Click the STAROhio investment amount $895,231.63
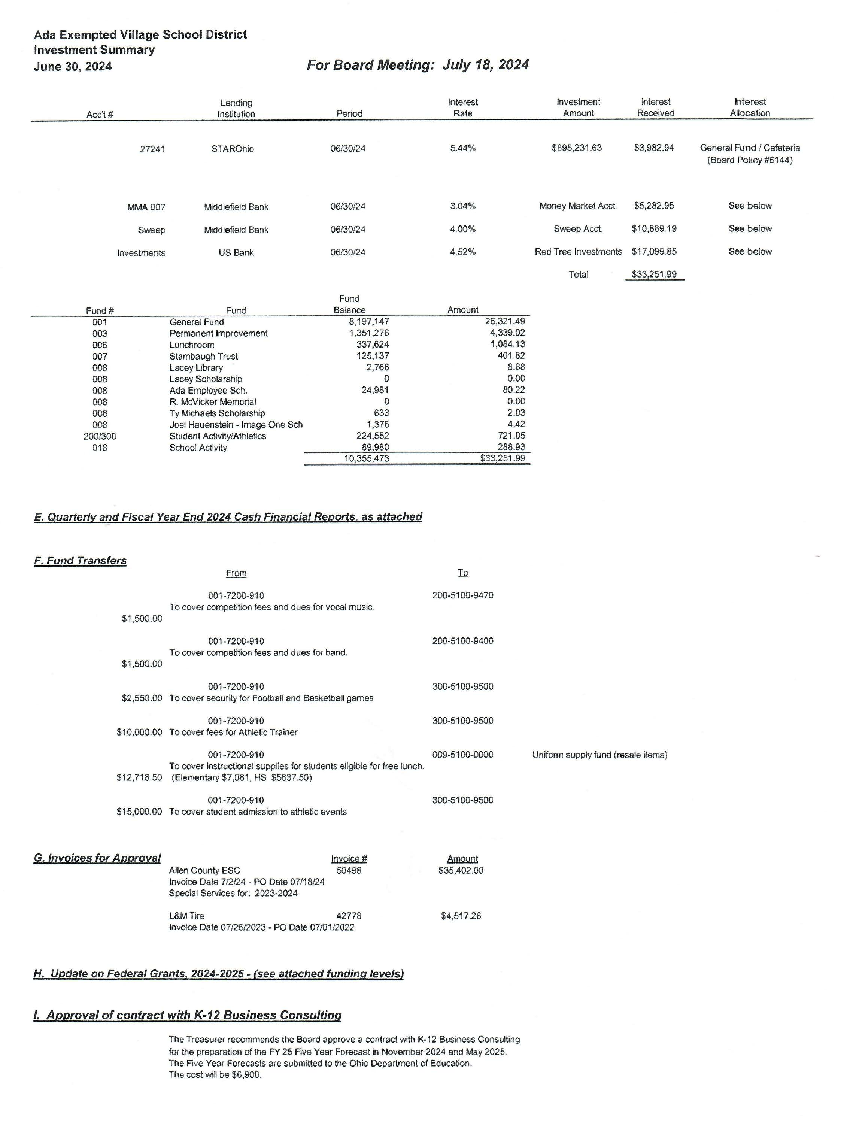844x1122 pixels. point(577,148)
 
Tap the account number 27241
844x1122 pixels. point(152,149)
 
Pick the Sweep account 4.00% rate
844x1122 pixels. point(462,229)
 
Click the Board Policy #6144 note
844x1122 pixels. point(750,160)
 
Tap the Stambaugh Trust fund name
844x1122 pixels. point(203,357)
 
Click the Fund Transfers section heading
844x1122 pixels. point(80,561)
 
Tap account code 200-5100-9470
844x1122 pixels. point(462,595)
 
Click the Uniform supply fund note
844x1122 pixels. point(599,755)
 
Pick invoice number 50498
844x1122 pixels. point(349,870)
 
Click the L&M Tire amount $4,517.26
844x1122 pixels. point(461,916)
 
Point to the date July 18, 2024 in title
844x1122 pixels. point(485,65)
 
